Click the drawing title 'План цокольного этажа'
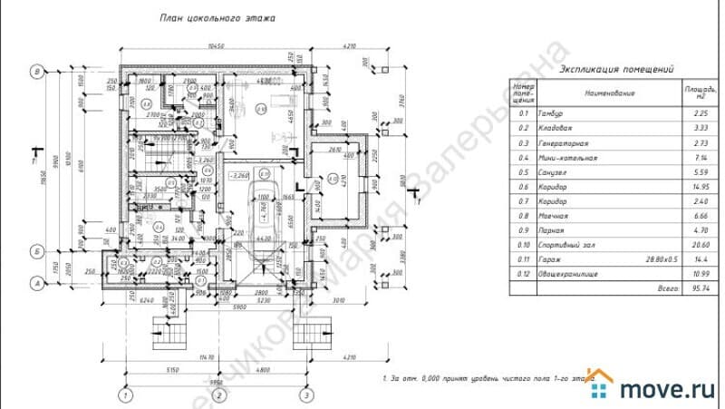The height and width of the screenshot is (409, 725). click(217, 17)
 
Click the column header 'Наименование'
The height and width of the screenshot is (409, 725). click(609, 93)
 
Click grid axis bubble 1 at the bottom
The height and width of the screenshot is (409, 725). click(128, 395)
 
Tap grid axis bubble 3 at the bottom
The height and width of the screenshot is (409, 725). click(308, 395)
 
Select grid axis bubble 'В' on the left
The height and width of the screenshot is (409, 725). click(37, 72)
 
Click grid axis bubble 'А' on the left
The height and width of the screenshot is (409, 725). click(37, 283)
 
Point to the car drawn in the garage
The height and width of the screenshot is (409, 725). click(262, 221)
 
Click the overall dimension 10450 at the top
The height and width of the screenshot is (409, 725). click(215, 44)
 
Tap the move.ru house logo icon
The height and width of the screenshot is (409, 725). click(602, 386)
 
